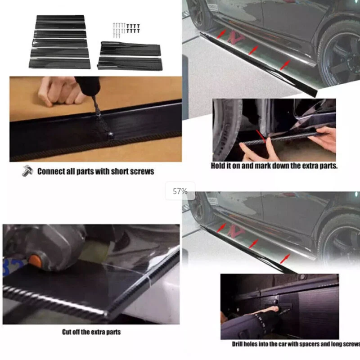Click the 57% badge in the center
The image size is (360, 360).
click(180, 191)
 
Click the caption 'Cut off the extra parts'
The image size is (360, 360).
click(91, 332)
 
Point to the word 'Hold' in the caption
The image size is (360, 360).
click(219, 166)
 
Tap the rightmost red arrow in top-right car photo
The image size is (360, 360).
click(284, 65)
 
